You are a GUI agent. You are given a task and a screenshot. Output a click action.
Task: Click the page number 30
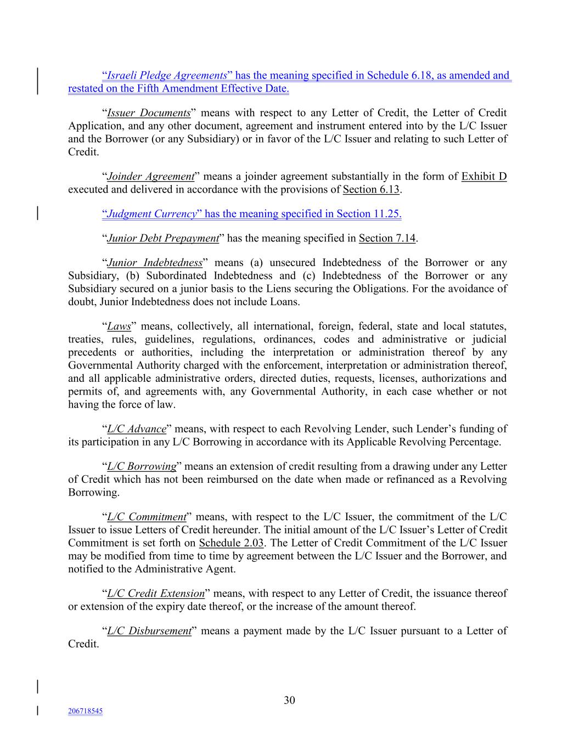tap(289, 700)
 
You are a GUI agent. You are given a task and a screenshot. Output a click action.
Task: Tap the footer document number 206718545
tap(85, 711)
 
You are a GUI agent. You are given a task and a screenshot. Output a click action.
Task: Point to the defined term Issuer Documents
tap(149, 113)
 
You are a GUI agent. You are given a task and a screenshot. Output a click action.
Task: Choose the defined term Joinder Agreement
tap(151, 177)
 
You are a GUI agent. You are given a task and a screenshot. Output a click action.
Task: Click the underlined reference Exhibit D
tap(484, 177)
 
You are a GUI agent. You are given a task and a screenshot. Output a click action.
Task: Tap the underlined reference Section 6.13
tap(371, 190)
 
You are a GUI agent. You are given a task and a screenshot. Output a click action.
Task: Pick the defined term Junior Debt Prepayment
tap(163, 238)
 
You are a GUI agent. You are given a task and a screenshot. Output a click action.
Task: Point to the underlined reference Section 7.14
tap(387, 238)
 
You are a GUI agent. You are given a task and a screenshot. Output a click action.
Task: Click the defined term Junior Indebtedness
tap(155, 263)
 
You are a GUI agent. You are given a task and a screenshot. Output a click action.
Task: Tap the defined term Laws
tap(119, 326)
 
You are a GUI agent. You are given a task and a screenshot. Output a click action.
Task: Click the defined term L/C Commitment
tap(147, 517)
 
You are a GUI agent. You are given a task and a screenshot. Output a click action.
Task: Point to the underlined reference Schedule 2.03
tap(231, 543)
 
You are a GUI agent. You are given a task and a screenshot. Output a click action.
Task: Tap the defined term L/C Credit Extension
tap(156, 594)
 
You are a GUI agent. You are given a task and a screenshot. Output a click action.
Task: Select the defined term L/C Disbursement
tap(149, 631)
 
